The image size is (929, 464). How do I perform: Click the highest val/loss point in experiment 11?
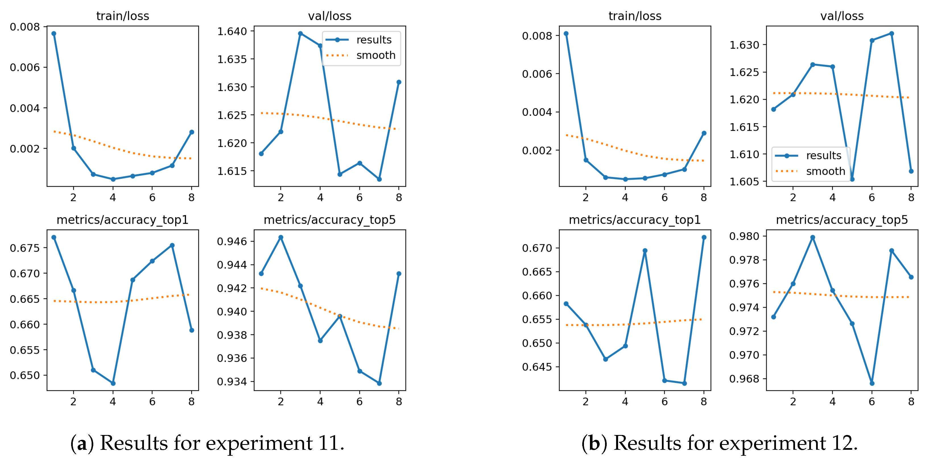coord(300,34)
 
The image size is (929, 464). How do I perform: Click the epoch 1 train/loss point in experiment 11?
coord(54,34)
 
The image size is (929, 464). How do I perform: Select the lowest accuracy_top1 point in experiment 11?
coord(113,383)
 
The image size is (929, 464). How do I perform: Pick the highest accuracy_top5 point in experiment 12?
coord(812,237)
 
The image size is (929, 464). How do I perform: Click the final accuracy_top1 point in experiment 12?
coord(704,237)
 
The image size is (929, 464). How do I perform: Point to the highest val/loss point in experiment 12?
coord(891,34)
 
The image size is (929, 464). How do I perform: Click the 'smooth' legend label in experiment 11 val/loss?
coord(376,55)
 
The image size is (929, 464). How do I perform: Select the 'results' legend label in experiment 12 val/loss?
coord(824,155)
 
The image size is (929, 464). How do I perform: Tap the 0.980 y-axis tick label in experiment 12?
coord(744,236)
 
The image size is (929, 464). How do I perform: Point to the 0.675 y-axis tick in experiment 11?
coord(25,248)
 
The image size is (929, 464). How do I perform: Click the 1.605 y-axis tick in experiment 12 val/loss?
coord(744,182)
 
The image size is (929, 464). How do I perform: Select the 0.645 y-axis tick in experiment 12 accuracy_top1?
coord(537,367)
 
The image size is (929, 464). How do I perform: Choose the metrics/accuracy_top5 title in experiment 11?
coord(330,220)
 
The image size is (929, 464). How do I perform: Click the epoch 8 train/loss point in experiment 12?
coord(704,133)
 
